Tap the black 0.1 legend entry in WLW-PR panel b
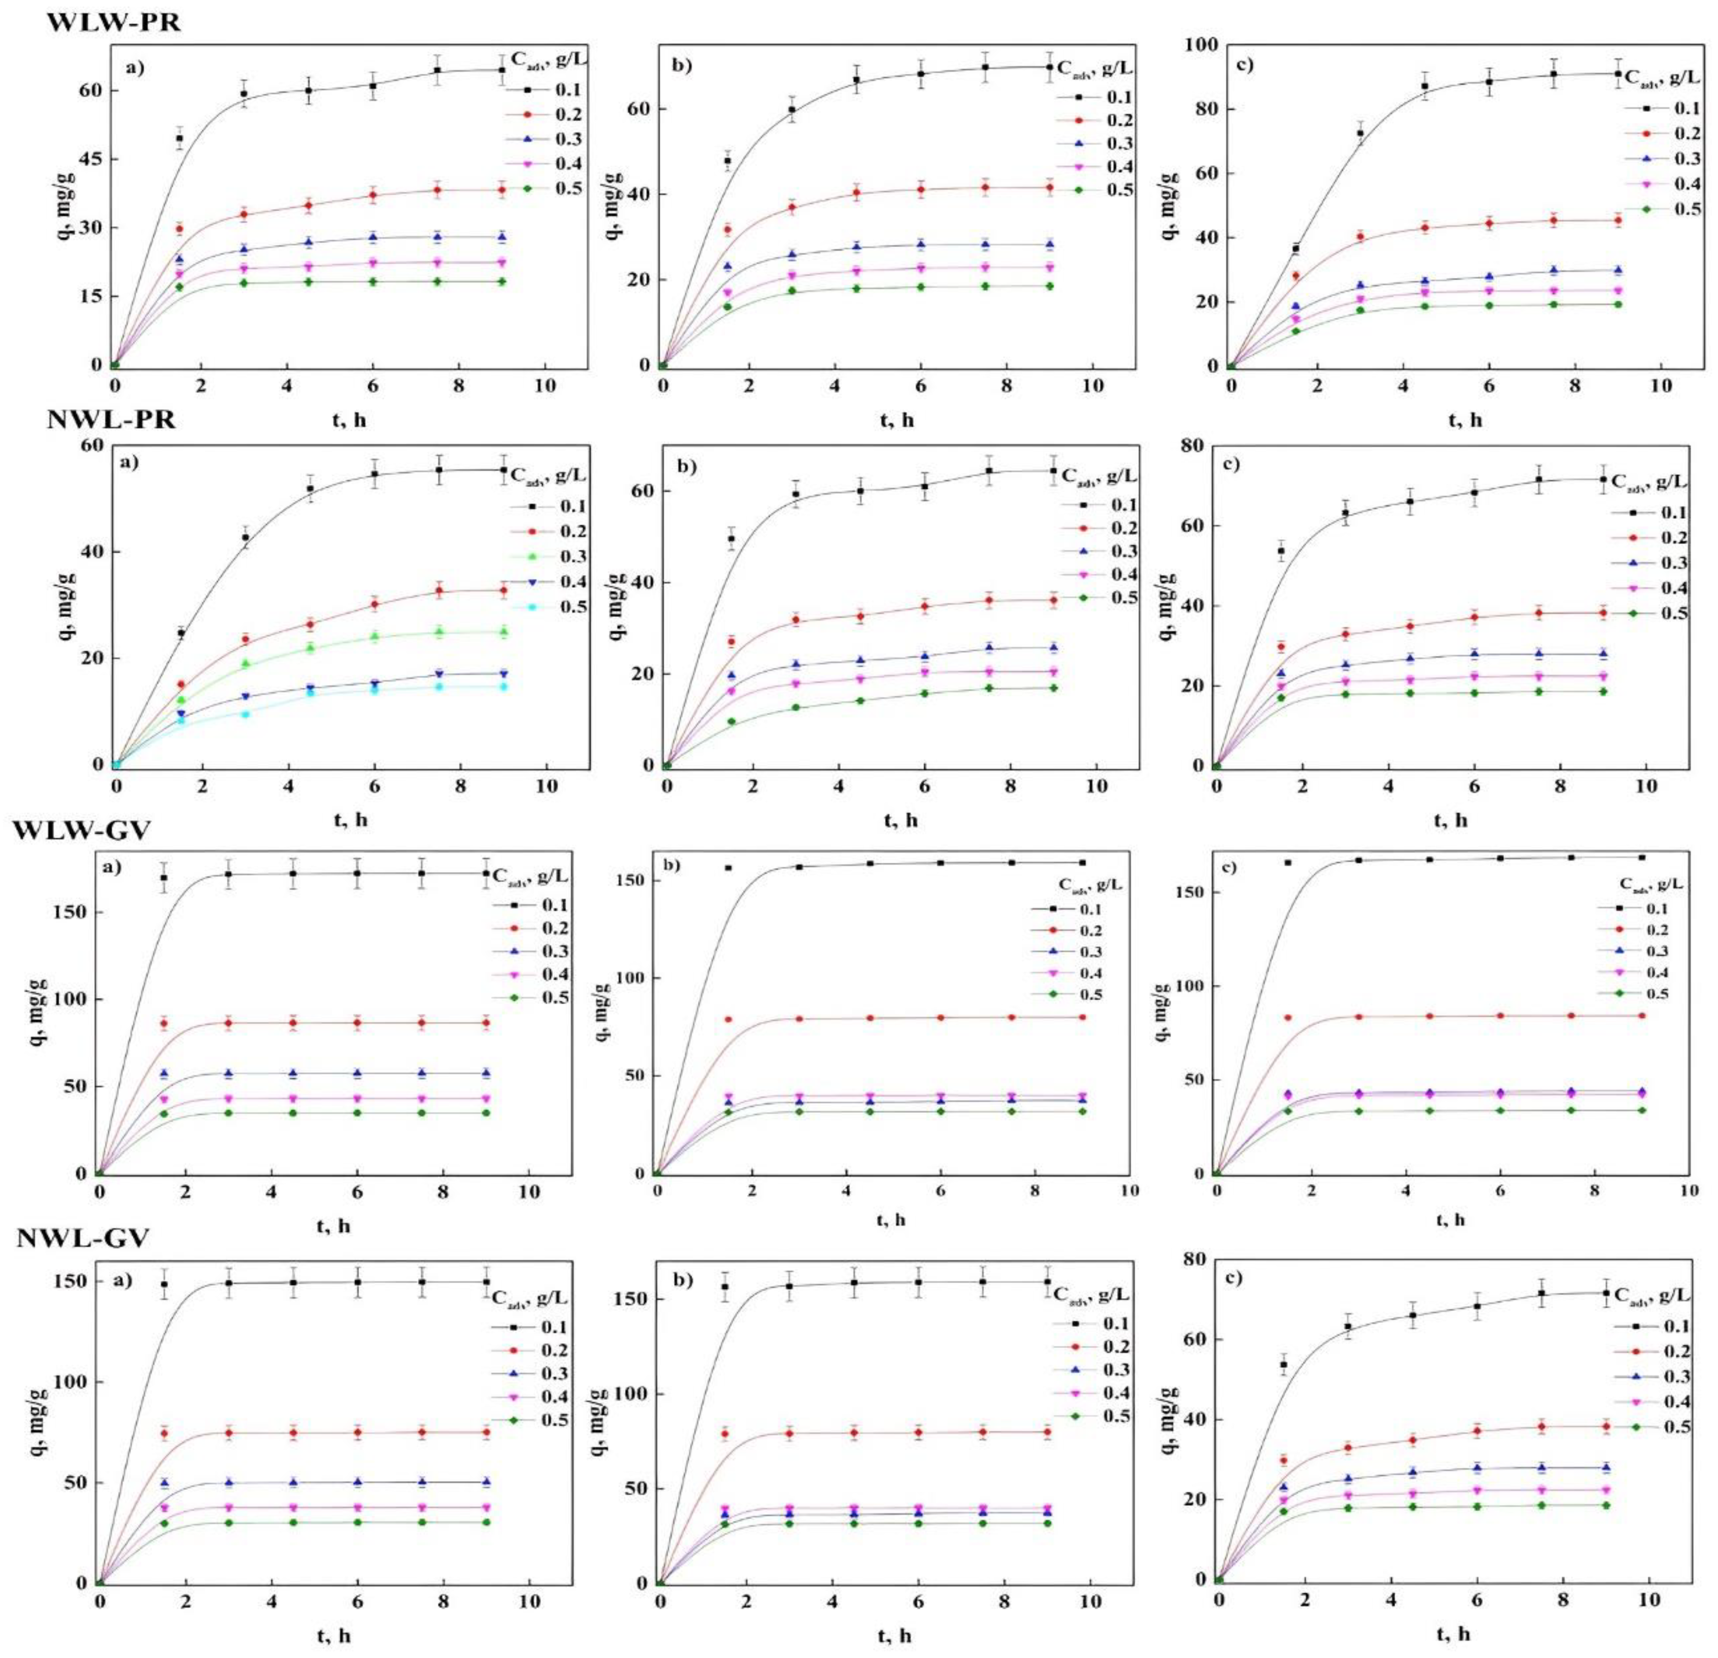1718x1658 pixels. pos(1095,97)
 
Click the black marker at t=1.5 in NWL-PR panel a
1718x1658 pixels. pos(181,632)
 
